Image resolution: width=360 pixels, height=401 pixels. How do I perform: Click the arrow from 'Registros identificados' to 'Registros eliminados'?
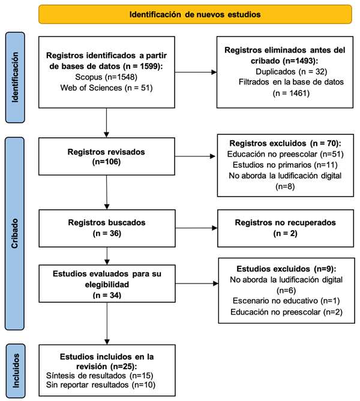(x=196, y=73)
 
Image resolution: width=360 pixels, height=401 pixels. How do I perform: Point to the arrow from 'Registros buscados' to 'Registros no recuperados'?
(x=196, y=228)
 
